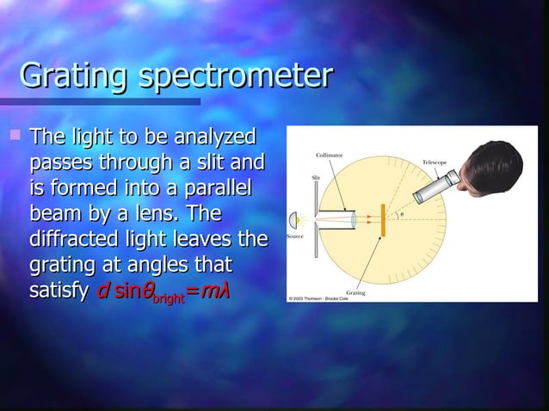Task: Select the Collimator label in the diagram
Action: [x=330, y=156]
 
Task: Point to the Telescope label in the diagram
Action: [x=433, y=162]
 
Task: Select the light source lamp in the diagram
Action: [x=297, y=219]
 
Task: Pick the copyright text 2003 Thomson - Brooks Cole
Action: [x=320, y=298]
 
